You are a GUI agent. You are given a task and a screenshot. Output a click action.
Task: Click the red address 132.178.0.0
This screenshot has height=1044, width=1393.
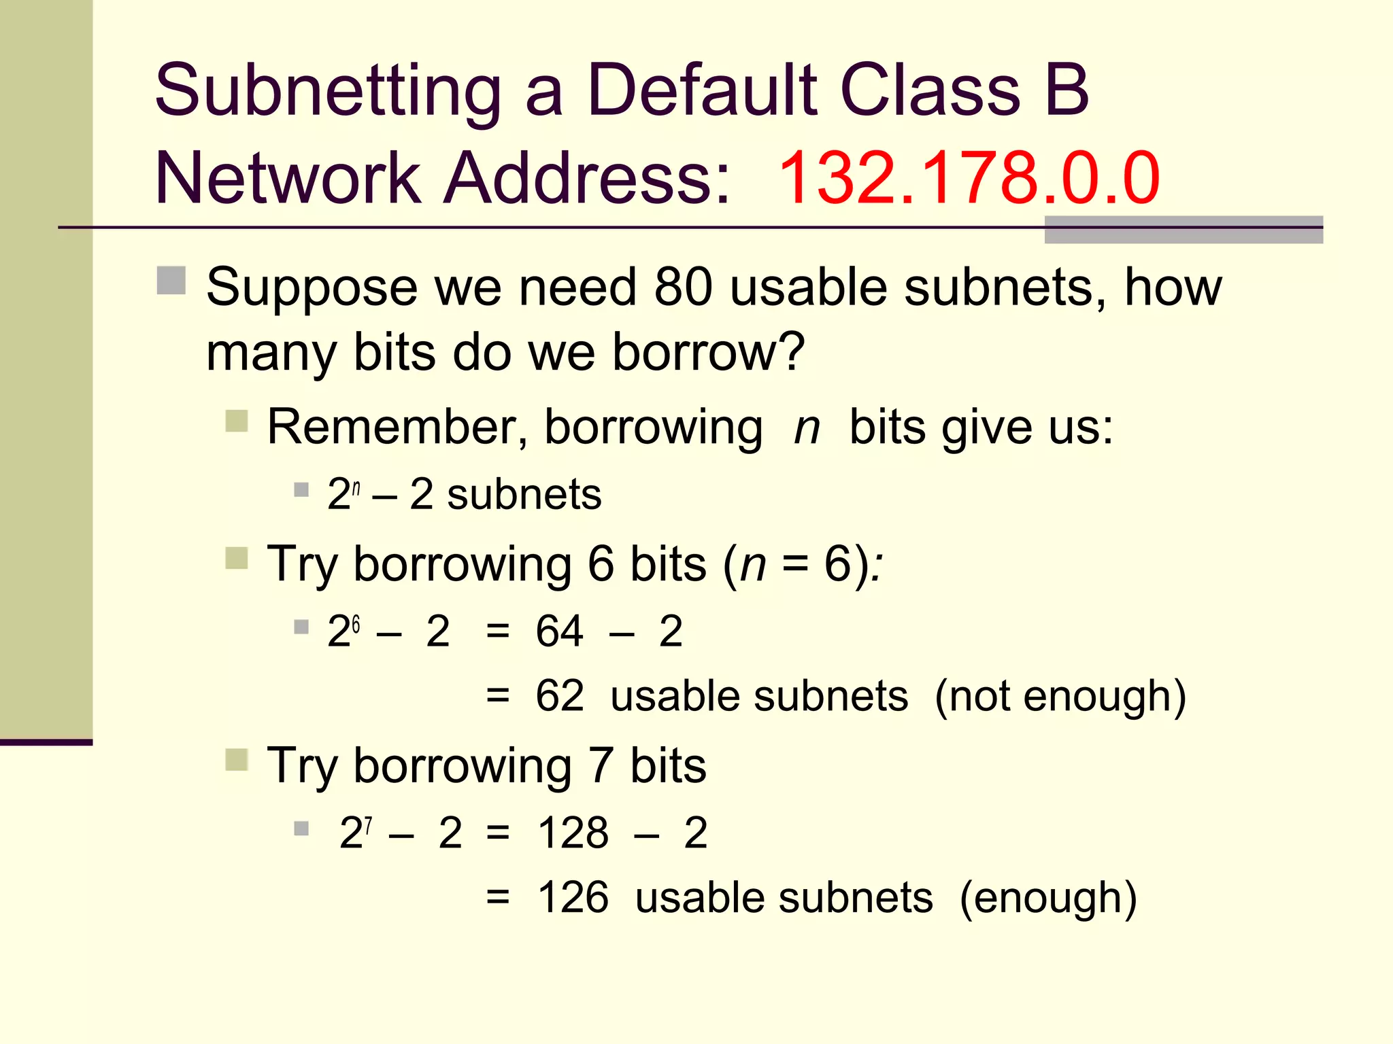tap(969, 178)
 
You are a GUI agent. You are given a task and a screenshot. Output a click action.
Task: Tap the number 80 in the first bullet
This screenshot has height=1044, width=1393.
tap(683, 288)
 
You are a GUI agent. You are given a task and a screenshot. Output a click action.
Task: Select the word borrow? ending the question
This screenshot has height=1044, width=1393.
tap(708, 352)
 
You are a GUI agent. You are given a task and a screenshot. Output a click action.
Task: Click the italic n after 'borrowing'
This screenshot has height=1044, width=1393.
tap(807, 428)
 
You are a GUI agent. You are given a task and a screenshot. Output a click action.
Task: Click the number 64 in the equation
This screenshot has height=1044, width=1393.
tap(559, 631)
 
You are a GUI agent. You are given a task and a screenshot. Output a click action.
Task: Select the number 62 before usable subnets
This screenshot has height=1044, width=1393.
tap(559, 696)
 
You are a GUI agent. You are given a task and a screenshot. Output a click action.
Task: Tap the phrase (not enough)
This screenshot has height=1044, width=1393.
tap(1060, 697)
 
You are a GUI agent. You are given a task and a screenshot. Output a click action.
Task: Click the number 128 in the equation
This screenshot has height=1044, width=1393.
tap(573, 833)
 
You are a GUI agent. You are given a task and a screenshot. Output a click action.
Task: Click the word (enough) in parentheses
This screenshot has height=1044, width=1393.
tap(1047, 899)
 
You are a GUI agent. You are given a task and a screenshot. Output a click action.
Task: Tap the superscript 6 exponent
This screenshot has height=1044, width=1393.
tap(356, 623)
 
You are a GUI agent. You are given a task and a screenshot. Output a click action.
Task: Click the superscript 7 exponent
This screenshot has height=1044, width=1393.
tap(368, 825)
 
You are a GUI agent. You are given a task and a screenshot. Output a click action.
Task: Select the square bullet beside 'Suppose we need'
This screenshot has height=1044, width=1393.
tap(171, 280)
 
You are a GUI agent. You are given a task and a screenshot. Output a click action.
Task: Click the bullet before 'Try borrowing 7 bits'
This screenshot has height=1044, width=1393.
tap(237, 760)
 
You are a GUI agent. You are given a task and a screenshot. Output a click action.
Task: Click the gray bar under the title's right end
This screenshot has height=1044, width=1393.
tap(1184, 230)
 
